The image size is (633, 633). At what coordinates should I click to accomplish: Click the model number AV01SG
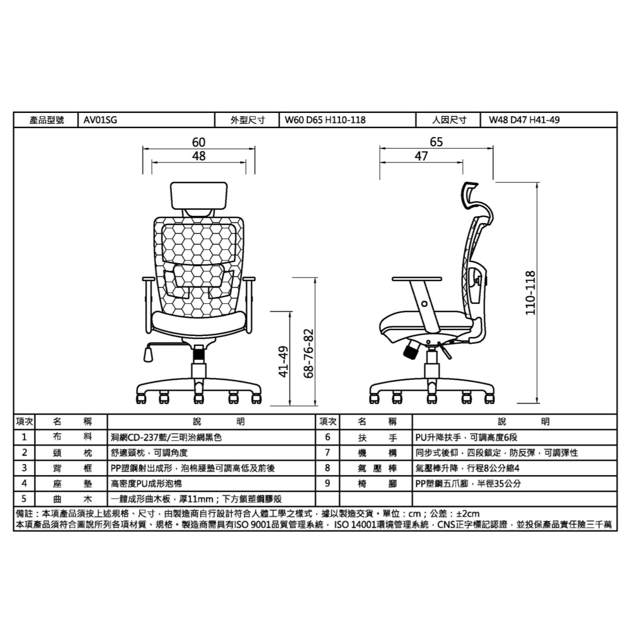pyautogui.click(x=100, y=120)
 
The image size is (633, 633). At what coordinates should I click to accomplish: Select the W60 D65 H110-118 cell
pyautogui.click(x=347, y=120)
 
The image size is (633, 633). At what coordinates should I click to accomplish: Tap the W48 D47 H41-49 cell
pyautogui.click(x=548, y=120)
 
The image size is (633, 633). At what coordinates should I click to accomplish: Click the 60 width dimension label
pyautogui.click(x=199, y=142)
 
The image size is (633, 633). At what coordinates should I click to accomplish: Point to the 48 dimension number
pyautogui.click(x=199, y=156)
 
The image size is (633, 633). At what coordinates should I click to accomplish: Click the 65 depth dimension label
pyautogui.click(x=436, y=142)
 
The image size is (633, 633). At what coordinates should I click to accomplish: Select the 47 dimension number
pyautogui.click(x=421, y=156)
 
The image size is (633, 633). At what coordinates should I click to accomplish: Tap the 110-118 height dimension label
pyautogui.click(x=530, y=293)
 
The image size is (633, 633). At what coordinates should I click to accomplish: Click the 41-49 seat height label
pyautogui.click(x=284, y=362)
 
